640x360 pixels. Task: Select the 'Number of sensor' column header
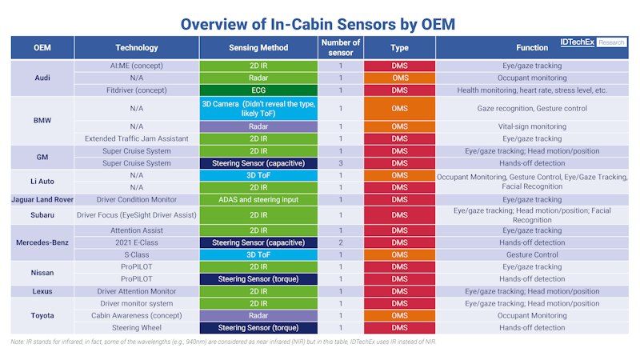[340, 48]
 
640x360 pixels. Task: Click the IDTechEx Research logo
[593, 42]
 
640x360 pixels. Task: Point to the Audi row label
[45, 78]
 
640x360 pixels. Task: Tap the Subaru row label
[45, 215]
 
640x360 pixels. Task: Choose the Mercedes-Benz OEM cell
[45, 242]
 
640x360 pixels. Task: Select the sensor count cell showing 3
[340, 162]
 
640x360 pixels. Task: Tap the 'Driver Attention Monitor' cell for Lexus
[137, 291]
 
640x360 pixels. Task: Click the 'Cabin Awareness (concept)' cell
[137, 315]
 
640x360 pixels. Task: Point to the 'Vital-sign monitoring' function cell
[532, 126]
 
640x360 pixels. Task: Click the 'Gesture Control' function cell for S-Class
[532, 254]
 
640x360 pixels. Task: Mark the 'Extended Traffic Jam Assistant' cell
[137, 138]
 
